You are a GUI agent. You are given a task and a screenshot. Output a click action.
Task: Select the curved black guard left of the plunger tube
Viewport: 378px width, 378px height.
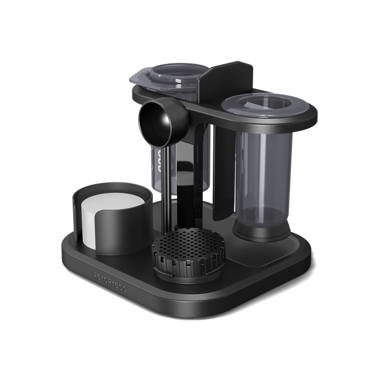click(223, 176)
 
